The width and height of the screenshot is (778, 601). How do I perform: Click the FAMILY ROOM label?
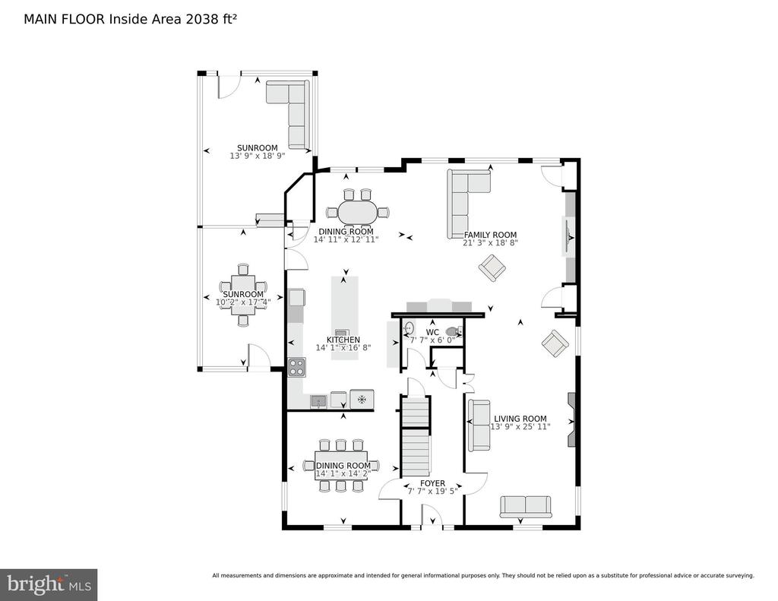[x=490, y=235]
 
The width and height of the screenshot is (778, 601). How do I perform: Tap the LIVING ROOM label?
[x=520, y=419]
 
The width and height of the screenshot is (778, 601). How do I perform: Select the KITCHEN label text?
[x=343, y=340]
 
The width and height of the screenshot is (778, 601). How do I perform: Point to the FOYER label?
[x=432, y=483]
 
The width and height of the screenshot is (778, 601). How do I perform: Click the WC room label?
[x=432, y=333]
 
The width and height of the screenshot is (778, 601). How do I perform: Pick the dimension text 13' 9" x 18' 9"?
[x=258, y=156]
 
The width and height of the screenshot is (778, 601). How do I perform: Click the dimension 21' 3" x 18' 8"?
[x=490, y=242]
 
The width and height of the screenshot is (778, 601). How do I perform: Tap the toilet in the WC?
[x=454, y=331]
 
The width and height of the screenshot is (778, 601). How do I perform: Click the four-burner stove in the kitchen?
[x=297, y=367]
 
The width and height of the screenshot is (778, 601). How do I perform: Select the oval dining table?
[x=357, y=213]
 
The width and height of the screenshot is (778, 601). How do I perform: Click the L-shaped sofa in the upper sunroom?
[x=288, y=114]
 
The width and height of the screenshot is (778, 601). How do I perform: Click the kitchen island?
[x=345, y=318]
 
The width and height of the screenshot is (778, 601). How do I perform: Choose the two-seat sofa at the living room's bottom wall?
[x=526, y=506]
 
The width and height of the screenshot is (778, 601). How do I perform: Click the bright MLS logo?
[x=49, y=584]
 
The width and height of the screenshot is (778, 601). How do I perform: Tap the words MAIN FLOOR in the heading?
[x=64, y=19]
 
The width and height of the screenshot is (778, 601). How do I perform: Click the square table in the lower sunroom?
[x=243, y=296]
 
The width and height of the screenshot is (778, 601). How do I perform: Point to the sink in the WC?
[x=409, y=328]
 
